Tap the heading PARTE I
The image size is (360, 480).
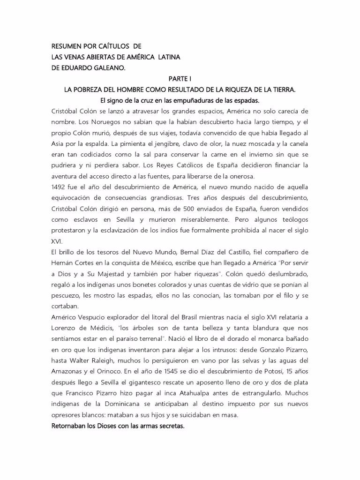(x=180, y=78)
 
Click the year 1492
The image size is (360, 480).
(x=60, y=187)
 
